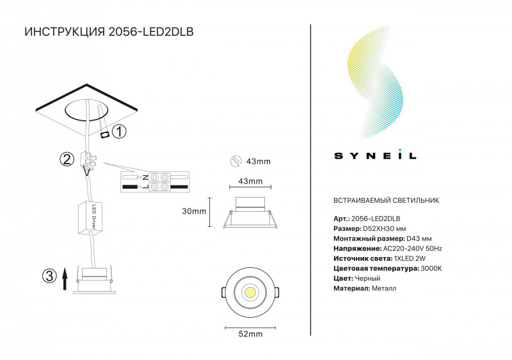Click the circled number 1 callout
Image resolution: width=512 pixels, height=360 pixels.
[x=119, y=132]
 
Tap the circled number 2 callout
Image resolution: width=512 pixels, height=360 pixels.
[x=67, y=159]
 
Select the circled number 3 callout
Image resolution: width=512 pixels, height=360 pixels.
[x=49, y=276]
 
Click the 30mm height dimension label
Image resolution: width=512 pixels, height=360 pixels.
[x=194, y=211]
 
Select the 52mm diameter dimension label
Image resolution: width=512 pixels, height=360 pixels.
[x=250, y=334]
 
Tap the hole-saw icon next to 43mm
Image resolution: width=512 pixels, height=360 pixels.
[x=236, y=161]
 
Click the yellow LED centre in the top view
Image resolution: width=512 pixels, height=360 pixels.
[x=250, y=292]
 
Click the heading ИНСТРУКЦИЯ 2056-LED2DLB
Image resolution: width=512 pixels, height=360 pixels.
[x=109, y=32]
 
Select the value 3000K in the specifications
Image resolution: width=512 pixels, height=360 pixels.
[x=431, y=269]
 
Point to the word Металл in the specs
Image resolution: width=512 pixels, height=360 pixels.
[x=384, y=288]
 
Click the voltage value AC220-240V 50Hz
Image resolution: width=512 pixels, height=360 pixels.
[x=412, y=248]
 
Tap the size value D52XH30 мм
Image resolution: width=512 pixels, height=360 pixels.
[x=385, y=228]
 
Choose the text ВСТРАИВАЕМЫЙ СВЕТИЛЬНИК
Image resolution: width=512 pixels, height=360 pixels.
[x=387, y=200]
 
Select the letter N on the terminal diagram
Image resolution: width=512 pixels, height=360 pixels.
[x=145, y=177]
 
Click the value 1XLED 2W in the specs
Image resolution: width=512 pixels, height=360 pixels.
[x=410, y=258]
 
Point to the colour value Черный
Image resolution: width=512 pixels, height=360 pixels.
[x=367, y=278]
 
